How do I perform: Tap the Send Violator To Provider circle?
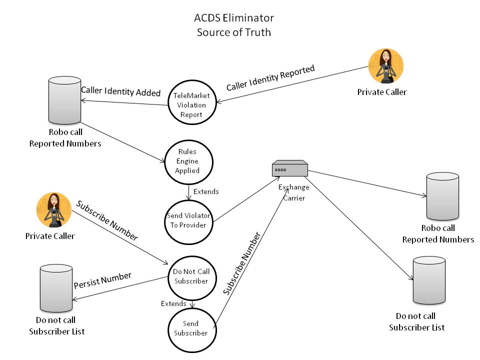coord(188,220)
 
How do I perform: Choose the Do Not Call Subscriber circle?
coord(191,276)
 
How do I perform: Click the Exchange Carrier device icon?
coord(289,168)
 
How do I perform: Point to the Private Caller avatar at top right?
coord(385,66)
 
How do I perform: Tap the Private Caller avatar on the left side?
coord(53,210)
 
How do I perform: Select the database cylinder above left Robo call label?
coord(64,100)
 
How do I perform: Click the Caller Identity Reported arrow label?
coord(270,78)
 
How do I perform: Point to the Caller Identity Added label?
coord(120,92)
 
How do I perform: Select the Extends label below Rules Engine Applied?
coord(205,191)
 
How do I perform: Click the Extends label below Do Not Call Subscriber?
coord(173,303)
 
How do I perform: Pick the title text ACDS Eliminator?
coord(234,18)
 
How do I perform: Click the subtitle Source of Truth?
coord(234,32)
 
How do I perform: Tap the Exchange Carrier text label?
coord(294,191)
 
